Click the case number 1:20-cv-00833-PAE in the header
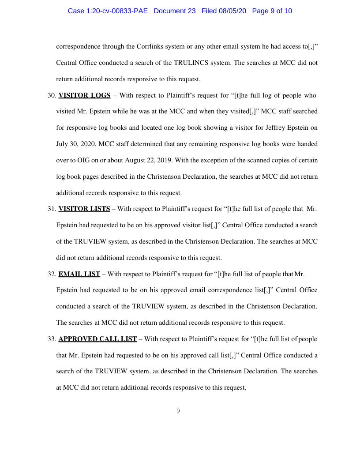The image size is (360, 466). [x=109, y=11]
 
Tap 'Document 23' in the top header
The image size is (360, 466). [x=174, y=11]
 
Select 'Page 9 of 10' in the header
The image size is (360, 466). [x=272, y=11]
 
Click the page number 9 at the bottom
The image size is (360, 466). [x=178, y=411]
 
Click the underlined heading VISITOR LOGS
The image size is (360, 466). [x=84, y=95]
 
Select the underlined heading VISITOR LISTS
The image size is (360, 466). [x=84, y=209]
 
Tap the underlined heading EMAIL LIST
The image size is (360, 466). [x=79, y=274]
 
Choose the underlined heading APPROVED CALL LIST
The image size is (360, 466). [x=97, y=339]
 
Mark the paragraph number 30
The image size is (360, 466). [x=51, y=95]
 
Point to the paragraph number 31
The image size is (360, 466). [x=51, y=209]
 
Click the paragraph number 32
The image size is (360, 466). [x=51, y=274]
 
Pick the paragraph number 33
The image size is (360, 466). [x=51, y=339]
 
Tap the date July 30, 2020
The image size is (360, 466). [x=73, y=144]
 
